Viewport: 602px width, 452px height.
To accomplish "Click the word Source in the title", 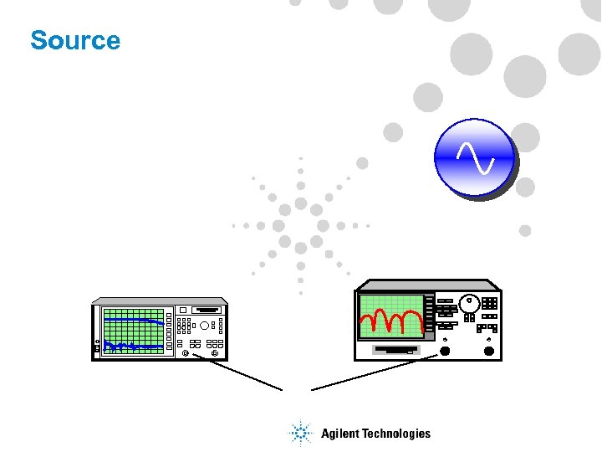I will pos(75,40).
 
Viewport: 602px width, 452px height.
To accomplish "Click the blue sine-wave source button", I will pos(474,157).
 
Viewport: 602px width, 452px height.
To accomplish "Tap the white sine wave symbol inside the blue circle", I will pos(474,157).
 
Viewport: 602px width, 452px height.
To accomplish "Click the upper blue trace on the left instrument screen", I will pos(134,320).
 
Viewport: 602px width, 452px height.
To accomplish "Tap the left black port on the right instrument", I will pos(445,351).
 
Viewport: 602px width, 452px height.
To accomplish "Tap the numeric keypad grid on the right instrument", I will pos(490,303).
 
